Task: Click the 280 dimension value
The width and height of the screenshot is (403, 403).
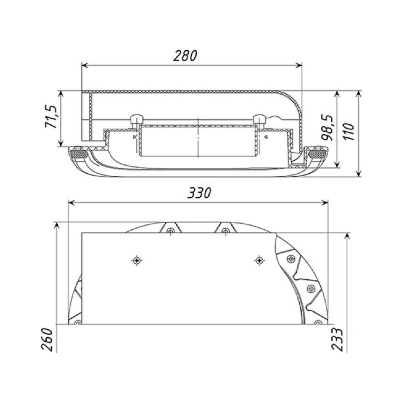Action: coord(185,56)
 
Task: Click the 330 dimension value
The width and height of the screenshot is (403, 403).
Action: coord(199,193)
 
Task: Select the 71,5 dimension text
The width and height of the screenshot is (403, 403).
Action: coord(51,116)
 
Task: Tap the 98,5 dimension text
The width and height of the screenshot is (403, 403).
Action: coord(327,127)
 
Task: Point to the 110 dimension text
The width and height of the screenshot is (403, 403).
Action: coord(349,131)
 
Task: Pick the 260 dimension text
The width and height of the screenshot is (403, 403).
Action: coord(47,339)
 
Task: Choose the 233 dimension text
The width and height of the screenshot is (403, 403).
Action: coord(337,339)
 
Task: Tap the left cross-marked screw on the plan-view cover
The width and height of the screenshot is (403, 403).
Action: coord(137,261)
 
